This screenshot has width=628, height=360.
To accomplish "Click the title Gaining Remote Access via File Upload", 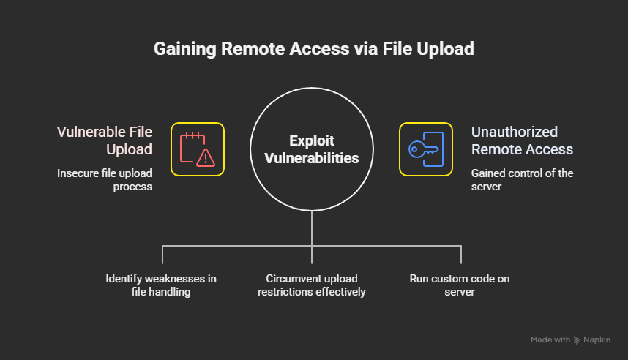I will pos(313,49).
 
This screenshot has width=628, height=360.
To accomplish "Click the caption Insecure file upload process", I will pos(105,180).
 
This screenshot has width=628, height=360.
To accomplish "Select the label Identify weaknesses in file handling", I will pos(161,285).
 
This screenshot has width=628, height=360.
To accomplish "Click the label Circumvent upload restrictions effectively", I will pos(312,285).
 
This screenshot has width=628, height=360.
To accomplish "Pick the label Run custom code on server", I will pos(460,285).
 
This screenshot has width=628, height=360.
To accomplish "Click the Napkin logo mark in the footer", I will pos(577,340).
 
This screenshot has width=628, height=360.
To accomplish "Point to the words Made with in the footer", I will pos(550,340).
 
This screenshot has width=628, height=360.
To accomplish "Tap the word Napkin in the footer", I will pos(597,340).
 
